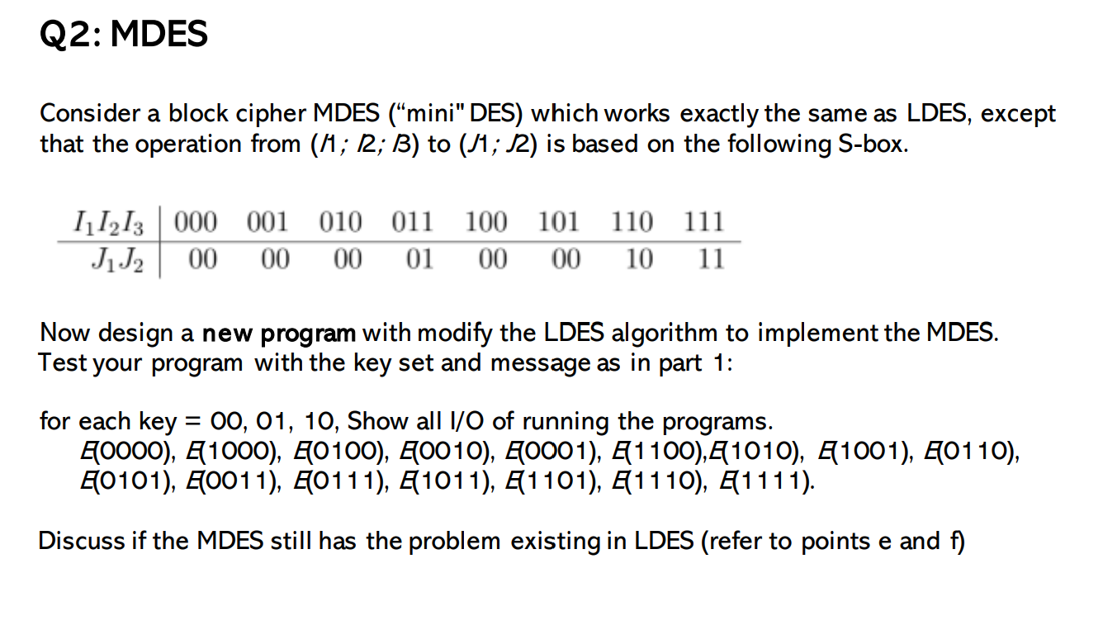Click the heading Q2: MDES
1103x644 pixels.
tap(124, 35)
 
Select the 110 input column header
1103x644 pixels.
tap(633, 222)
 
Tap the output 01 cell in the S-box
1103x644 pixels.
tap(419, 260)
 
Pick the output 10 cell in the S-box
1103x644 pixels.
tap(638, 260)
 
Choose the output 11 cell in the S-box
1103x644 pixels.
tap(709, 260)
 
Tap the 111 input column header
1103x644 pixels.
tap(704, 222)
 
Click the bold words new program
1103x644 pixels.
tap(279, 334)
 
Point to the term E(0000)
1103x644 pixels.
tap(112, 452)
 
